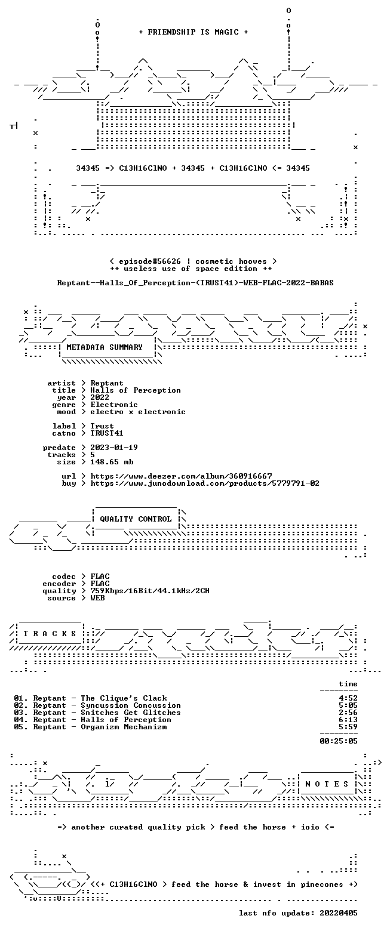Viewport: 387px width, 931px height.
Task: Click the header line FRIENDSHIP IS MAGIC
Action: (193, 32)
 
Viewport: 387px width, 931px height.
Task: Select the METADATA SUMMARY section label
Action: (105, 347)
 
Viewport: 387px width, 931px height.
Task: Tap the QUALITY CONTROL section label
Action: (136, 519)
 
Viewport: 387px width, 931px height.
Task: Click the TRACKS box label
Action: (50, 634)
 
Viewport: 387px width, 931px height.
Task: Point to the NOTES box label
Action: (327, 784)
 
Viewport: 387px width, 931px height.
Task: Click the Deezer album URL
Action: (182, 476)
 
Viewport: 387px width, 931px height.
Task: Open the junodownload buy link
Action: (205, 483)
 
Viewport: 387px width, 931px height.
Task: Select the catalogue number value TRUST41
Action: (106, 433)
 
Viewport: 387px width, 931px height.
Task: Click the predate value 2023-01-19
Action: (114, 448)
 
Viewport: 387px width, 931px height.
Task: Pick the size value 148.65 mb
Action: (112, 462)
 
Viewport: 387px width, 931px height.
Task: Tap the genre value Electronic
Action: (114, 405)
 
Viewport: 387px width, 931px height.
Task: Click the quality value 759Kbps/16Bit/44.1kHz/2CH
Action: (150, 591)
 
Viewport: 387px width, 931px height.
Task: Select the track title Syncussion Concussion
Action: (131, 705)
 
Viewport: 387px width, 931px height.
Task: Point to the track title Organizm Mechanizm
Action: (124, 727)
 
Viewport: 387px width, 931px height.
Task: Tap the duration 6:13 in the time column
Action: (348, 720)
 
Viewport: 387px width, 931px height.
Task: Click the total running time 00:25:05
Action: (338, 741)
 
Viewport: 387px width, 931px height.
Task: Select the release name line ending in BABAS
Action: (195, 283)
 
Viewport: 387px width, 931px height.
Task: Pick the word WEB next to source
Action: (97, 598)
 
